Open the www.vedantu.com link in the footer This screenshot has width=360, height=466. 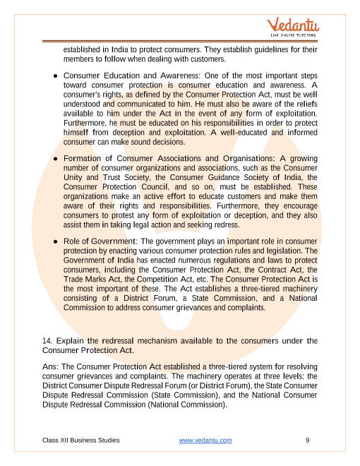(x=205, y=441)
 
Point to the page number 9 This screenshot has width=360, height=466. (x=308, y=441)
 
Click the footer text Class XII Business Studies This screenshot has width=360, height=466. (x=80, y=441)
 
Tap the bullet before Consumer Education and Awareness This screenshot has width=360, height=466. (x=55, y=76)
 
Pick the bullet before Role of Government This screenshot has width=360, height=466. (x=55, y=241)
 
